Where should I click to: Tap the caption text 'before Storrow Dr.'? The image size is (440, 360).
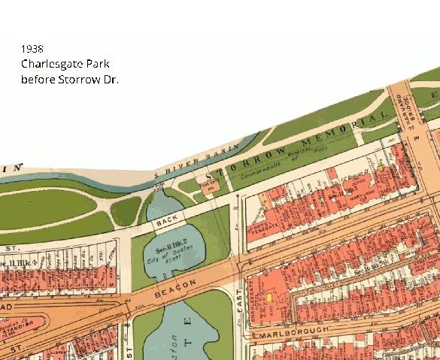coord(69,79)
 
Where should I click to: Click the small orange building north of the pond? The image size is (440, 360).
coord(208,185)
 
